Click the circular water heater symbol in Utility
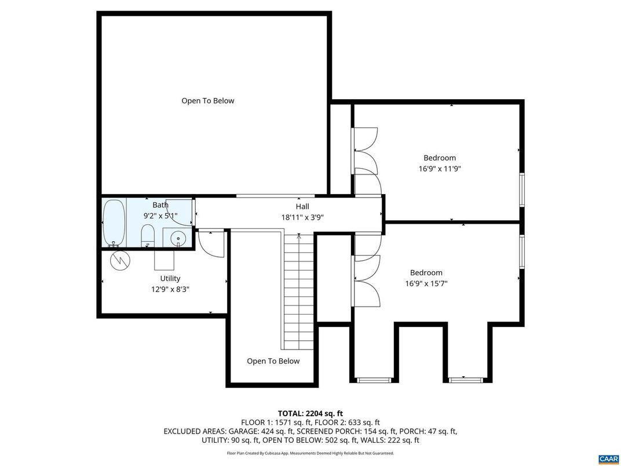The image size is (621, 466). pos(120,260)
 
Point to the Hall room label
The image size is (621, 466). pos(302,206)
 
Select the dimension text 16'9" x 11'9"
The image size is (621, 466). pos(439,169)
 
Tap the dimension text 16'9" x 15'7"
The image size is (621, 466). pos(426,283)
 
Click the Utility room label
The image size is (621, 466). pos(170,278)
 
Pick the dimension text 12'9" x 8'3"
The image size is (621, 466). pos(170,289)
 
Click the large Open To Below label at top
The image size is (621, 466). pos(207,101)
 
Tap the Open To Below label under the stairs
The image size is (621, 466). pos(273,361)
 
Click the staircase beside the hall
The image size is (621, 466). pos(299,290)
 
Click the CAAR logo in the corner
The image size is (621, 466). pos(608,458)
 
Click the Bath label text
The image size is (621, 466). pos(160,205)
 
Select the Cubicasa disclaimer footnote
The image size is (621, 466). pos(310,453)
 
